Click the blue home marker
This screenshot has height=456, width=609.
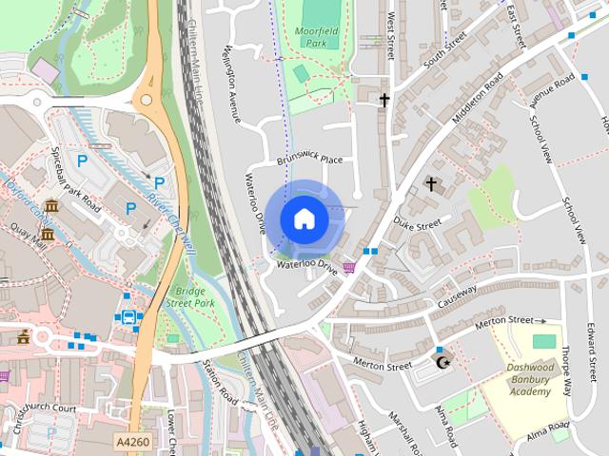(x=304, y=218)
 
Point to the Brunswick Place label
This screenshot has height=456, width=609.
(x=309, y=160)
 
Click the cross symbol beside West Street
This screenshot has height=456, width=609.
(x=385, y=99)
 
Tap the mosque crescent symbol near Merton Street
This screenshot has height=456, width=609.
(x=440, y=363)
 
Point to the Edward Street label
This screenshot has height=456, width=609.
(x=593, y=346)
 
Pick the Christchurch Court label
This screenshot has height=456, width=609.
(x=38, y=409)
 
